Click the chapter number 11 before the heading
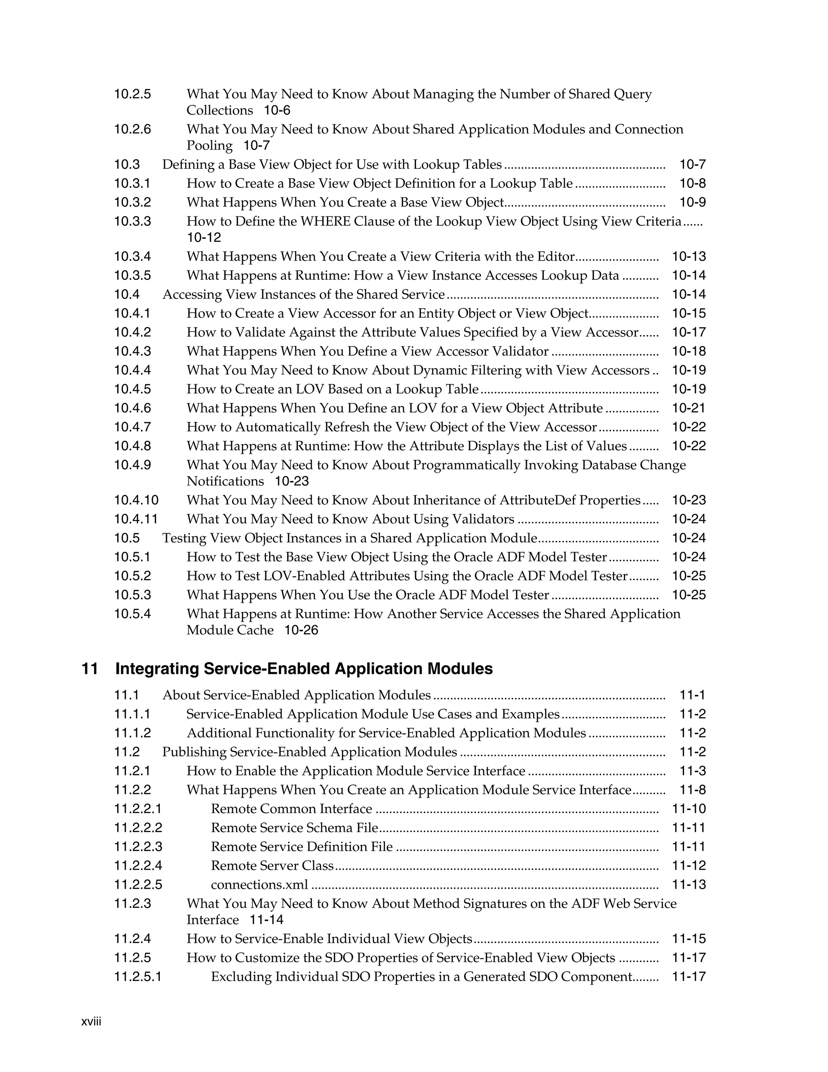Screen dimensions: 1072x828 point(89,669)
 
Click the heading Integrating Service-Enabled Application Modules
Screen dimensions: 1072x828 point(304,669)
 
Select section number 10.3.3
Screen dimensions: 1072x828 point(133,221)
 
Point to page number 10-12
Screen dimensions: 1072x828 point(204,237)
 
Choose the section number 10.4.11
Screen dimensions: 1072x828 point(136,519)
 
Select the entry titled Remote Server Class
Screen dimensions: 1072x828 point(272,865)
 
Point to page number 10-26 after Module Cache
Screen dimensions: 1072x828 point(301,630)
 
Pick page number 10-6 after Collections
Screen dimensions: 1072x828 point(277,110)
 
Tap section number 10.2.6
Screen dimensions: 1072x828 point(133,129)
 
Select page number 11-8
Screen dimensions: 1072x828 point(692,790)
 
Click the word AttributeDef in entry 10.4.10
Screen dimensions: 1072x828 point(537,500)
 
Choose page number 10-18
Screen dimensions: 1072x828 point(688,351)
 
